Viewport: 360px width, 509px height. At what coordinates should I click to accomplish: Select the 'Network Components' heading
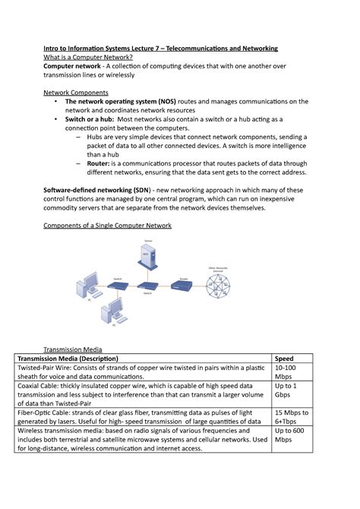(75, 92)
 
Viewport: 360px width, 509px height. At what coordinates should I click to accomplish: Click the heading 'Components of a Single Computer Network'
(107, 226)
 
